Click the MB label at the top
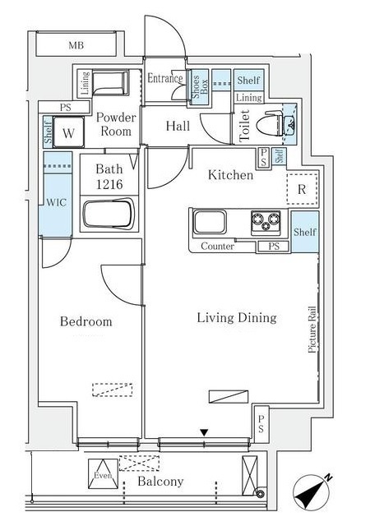point(76,45)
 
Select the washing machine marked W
point(68,131)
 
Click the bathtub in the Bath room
point(109,214)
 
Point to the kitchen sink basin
point(210,222)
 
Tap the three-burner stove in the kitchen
point(266,222)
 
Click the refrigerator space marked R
point(302,189)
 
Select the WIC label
point(57,202)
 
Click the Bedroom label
point(86,321)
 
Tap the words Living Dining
point(237,318)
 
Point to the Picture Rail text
point(312,329)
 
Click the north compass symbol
point(311,492)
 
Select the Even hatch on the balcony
point(104,474)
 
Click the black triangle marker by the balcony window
point(204,433)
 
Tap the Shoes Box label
point(199,86)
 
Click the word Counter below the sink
point(218,247)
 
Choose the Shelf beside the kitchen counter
point(305,232)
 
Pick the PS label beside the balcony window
point(261,424)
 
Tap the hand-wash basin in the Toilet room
point(291,124)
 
